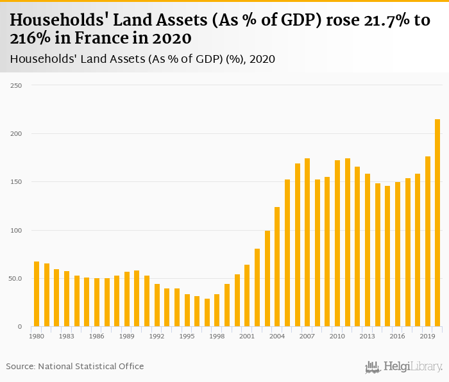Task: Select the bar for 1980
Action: pos(37,294)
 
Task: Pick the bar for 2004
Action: pos(277,267)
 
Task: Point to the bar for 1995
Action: pos(187,310)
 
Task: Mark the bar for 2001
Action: pos(247,295)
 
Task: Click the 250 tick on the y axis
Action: pos(16,85)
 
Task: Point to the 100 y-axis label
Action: pos(16,230)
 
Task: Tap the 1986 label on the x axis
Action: pos(97,336)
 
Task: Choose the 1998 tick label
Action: pos(217,336)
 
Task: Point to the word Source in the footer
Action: pos(21,366)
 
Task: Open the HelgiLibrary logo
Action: pos(403,367)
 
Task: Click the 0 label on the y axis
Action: pos(19,327)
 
